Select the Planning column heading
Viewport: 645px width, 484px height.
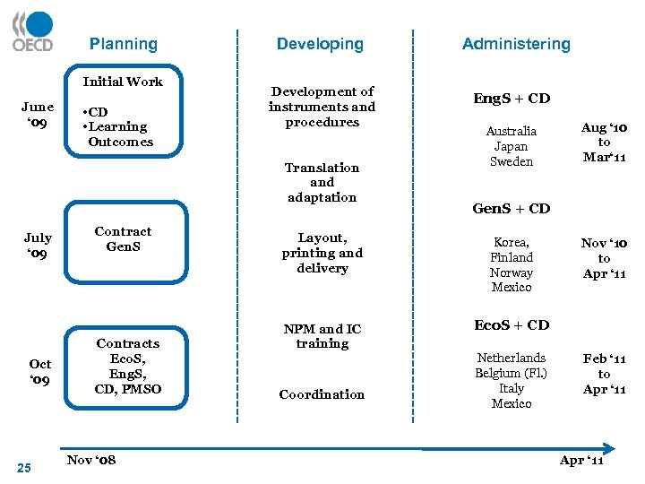(x=123, y=44)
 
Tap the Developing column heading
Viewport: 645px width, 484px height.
(x=320, y=44)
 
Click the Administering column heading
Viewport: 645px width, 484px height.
(x=516, y=44)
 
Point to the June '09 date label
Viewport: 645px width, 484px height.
(x=38, y=114)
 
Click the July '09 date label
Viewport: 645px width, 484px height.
(x=38, y=245)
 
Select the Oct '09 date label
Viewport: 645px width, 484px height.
(x=40, y=372)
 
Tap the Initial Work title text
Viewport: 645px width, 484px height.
(x=123, y=82)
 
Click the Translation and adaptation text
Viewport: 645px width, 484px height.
(x=322, y=182)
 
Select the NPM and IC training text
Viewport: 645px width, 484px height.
(x=322, y=336)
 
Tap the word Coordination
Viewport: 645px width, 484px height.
(x=322, y=394)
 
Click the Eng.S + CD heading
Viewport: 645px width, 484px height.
(x=512, y=99)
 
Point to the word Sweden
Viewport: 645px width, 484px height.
(x=512, y=162)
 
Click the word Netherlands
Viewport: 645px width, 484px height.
(x=512, y=358)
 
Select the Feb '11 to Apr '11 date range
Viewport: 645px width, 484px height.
(x=605, y=374)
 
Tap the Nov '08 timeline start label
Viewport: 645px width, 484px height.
(x=91, y=460)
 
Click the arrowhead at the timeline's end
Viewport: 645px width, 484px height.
(x=609, y=447)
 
